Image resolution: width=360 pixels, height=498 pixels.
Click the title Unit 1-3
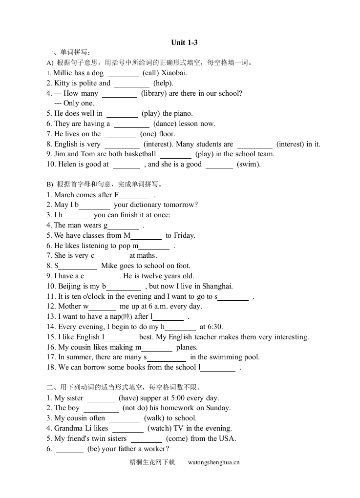(x=184, y=42)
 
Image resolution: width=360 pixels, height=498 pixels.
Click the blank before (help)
(x=131, y=84)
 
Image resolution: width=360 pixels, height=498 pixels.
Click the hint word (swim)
(x=249, y=165)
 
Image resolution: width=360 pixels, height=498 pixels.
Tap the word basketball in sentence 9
(x=140, y=154)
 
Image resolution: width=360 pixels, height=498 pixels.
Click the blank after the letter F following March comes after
(x=134, y=196)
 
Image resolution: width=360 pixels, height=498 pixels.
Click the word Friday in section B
(x=184, y=235)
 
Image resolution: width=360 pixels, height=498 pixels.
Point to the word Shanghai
(x=217, y=286)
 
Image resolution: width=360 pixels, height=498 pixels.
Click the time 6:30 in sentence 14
(x=215, y=327)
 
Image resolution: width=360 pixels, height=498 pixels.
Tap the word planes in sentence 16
(x=187, y=347)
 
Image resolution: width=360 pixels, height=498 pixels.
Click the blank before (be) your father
(x=70, y=450)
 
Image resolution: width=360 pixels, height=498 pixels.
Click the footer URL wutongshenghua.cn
(x=213, y=462)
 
